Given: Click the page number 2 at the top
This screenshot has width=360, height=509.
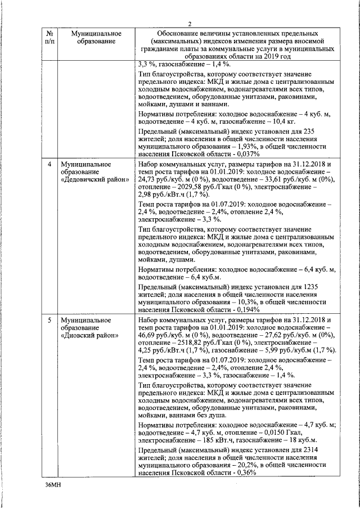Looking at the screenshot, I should tap(190, 23).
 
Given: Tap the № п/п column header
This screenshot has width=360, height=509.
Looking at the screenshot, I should tap(49, 37).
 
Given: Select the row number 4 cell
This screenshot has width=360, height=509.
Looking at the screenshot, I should tap(49, 164).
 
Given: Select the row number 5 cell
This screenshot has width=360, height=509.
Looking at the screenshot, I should tap(49, 320).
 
